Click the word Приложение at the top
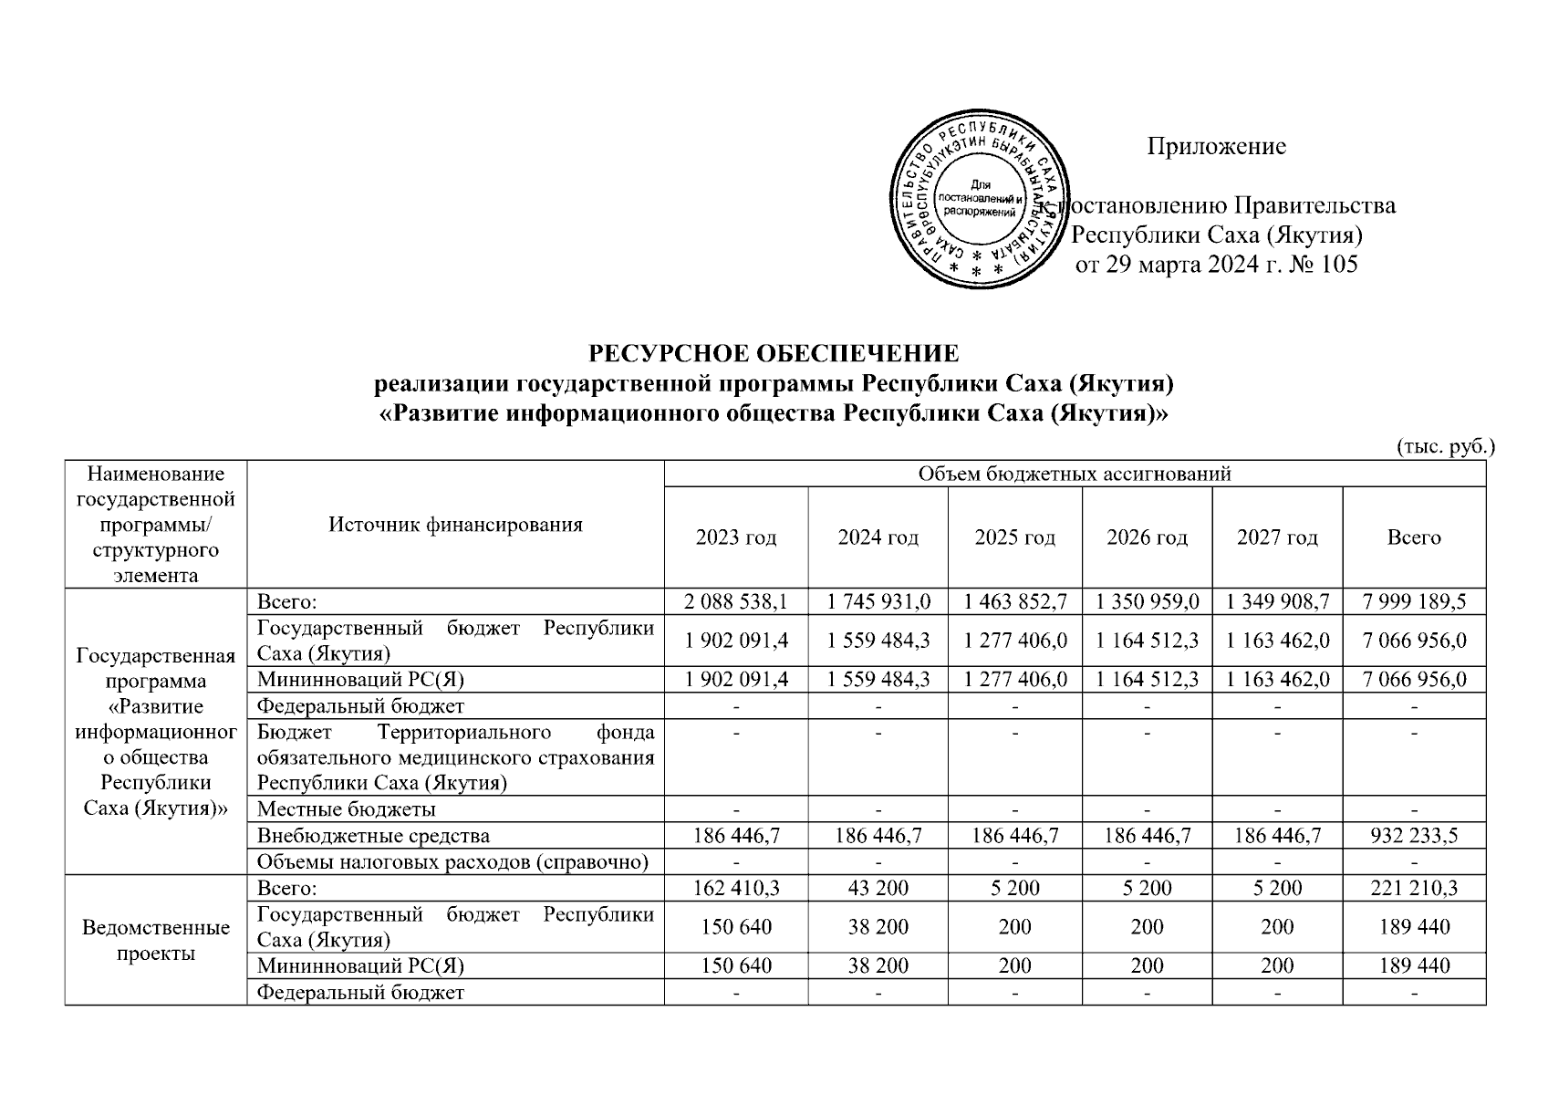pyautogui.click(x=1216, y=147)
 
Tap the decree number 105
pyautogui.click(x=1337, y=265)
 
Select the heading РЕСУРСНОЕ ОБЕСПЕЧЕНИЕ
pyautogui.click(x=773, y=354)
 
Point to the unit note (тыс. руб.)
pyautogui.click(x=1446, y=447)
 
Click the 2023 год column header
pyautogui.click(x=735, y=537)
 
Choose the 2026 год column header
pyautogui.click(x=1147, y=537)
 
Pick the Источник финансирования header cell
pyautogui.click(x=455, y=525)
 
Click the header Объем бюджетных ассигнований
pyautogui.click(x=1075, y=474)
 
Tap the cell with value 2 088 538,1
pyautogui.click(x=735, y=601)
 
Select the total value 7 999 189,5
pyautogui.click(x=1414, y=601)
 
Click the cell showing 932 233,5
pyautogui.click(x=1414, y=835)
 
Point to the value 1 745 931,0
pyautogui.click(x=878, y=601)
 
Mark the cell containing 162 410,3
pyautogui.click(x=735, y=888)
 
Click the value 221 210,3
pyautogui.click(x=1414, y=888)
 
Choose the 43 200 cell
pyautogui.click(x=878, y=888)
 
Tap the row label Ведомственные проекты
pyautogui.click(x=155, y=941)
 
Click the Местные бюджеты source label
pyautogui.click(x=347, y=809)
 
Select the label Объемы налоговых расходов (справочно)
pyautogui.click(x=452, y=861)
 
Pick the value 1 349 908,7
pyautogui.click(x=1277, y=601)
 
